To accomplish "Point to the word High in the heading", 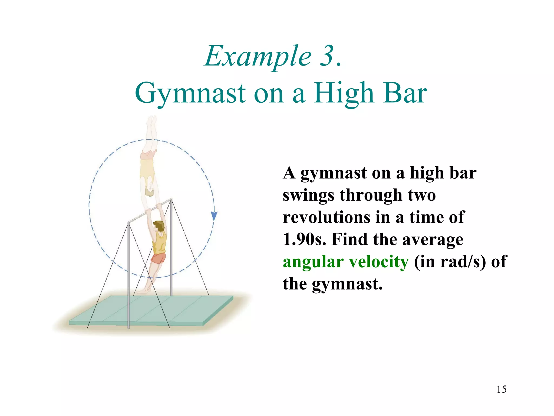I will click(x=344, y=93).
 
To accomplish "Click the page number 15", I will click(x=501, y=389).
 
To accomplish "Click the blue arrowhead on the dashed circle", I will click(x=214, y=216).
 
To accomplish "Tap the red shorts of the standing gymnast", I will click(x=158, y=258).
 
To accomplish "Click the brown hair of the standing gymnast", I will click(x=159, y=225).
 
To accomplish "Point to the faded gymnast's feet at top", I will click(x=152, y=121).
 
